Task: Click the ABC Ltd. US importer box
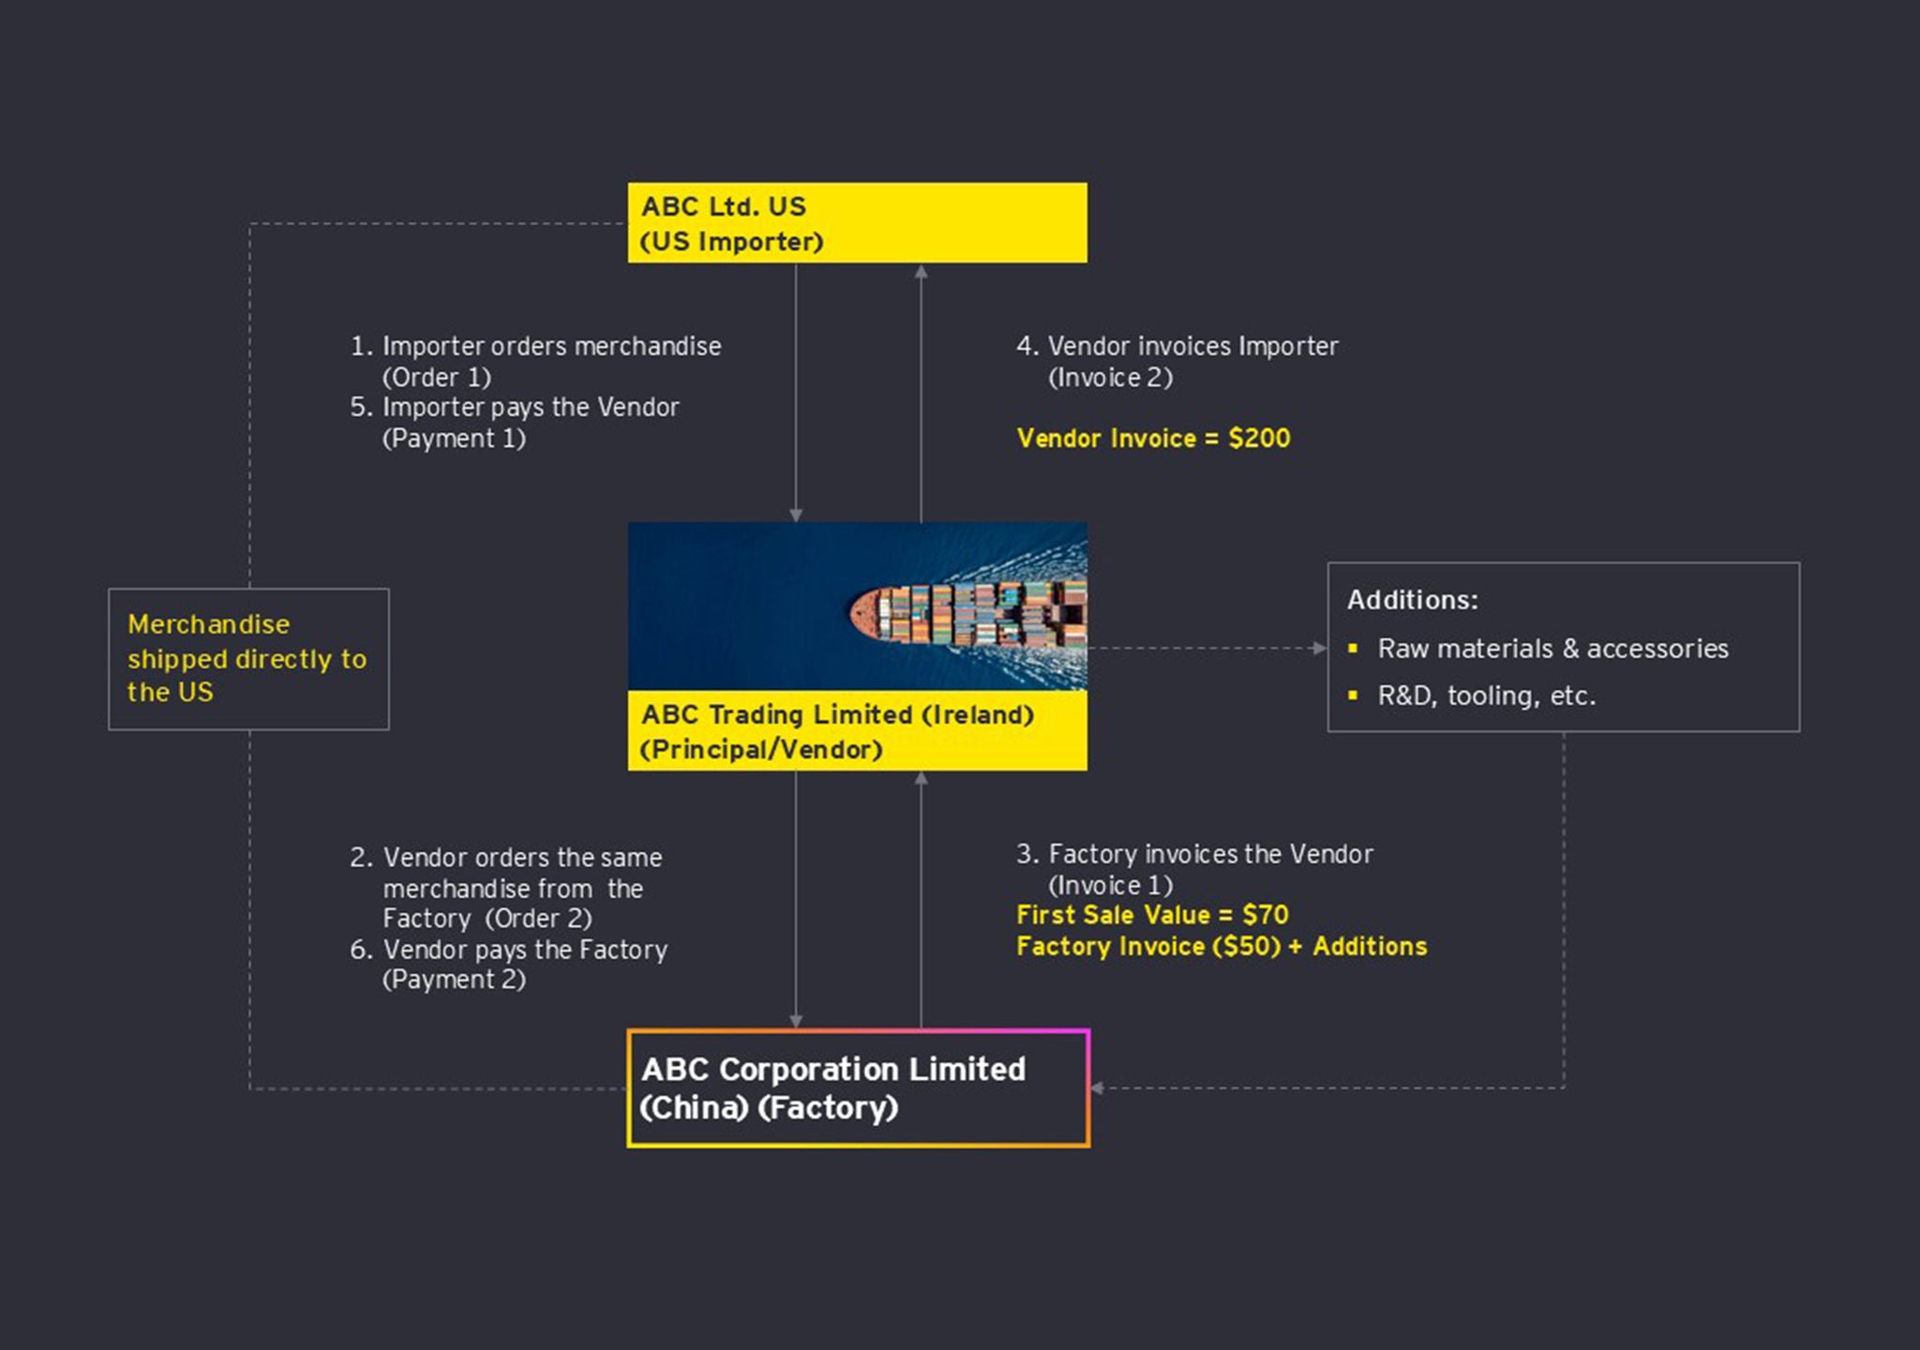point(857,223)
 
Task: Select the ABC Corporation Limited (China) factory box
point(857,1087)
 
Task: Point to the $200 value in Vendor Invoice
point(1259,438)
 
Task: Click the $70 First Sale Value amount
point(1265,914)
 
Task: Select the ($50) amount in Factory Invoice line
point(1246,946)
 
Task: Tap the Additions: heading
point(1412,600)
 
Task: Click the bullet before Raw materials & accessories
point(1353,648)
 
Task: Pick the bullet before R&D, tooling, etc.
point(1353,695)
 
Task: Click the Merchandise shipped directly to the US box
point(248,659)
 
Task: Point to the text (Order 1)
point(437,377)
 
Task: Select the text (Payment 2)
point(454,980)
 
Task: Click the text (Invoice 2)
point(1110,377)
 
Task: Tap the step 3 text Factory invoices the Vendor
point(1209,854)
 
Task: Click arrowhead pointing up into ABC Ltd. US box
point(921,272)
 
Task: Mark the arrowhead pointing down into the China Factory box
point(796,1021)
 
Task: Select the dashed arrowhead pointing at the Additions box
point(1319,648)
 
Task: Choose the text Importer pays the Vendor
point(530,407)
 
